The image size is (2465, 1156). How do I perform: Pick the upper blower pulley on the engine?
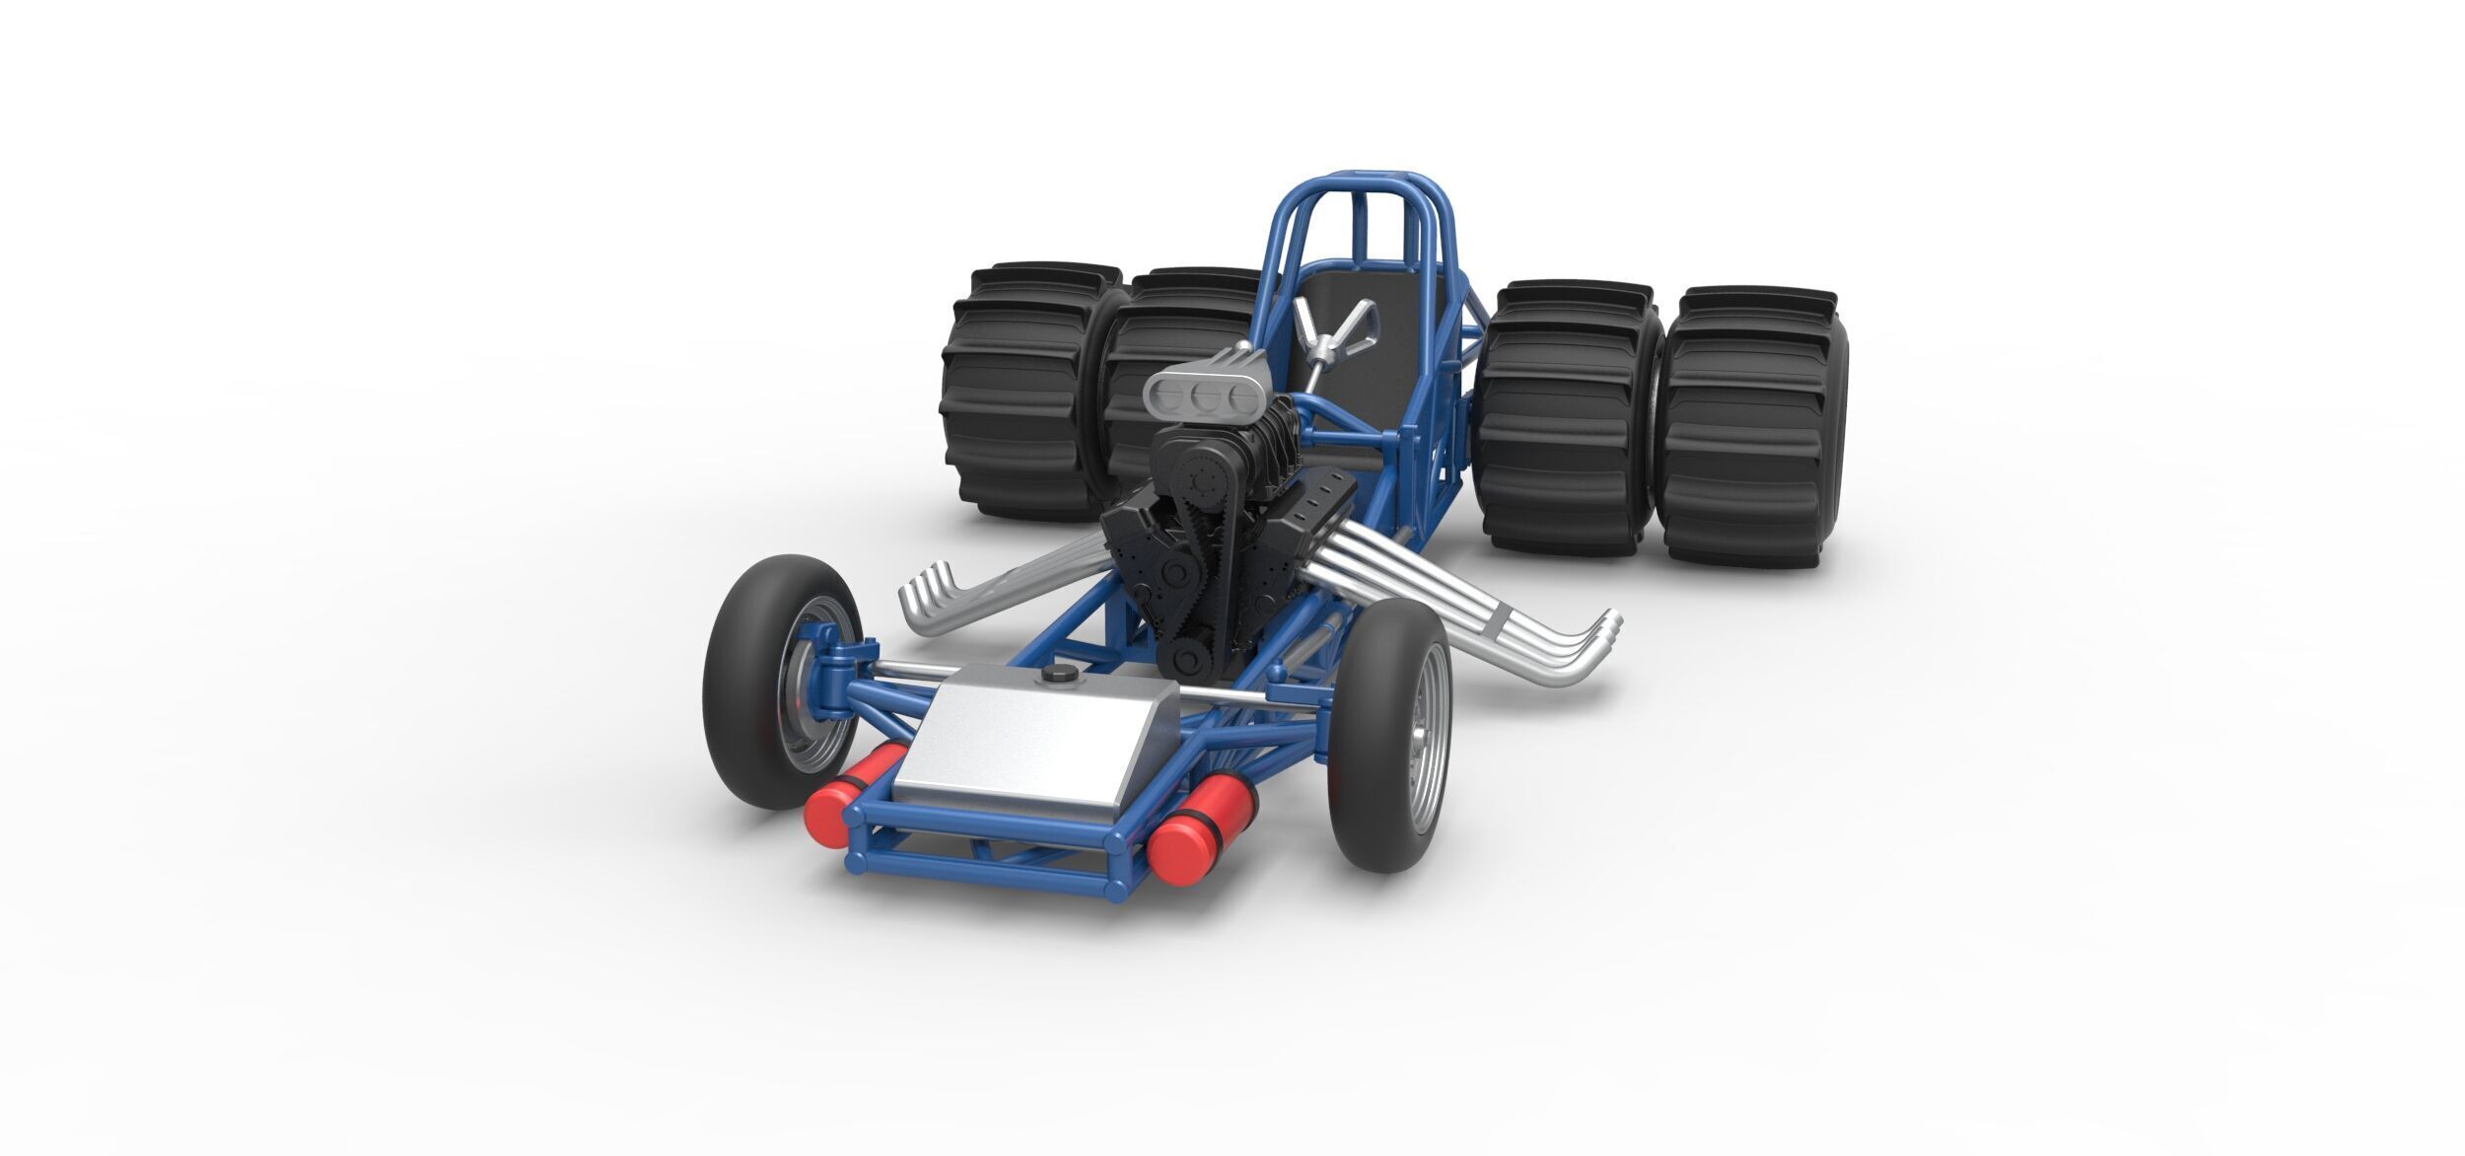tap(1204, 482)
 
